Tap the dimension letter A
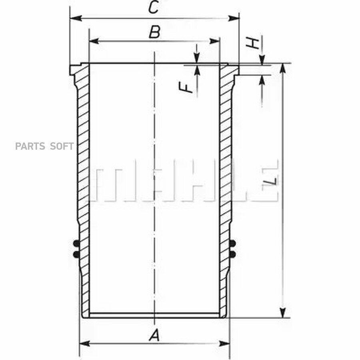click(154, 335)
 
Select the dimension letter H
click(252, 42)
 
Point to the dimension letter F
click(186, 88)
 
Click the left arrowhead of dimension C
click(76, 18)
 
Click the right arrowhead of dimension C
click(234, 18)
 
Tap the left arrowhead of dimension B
click(94, 41)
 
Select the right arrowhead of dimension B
click(215, 41)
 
